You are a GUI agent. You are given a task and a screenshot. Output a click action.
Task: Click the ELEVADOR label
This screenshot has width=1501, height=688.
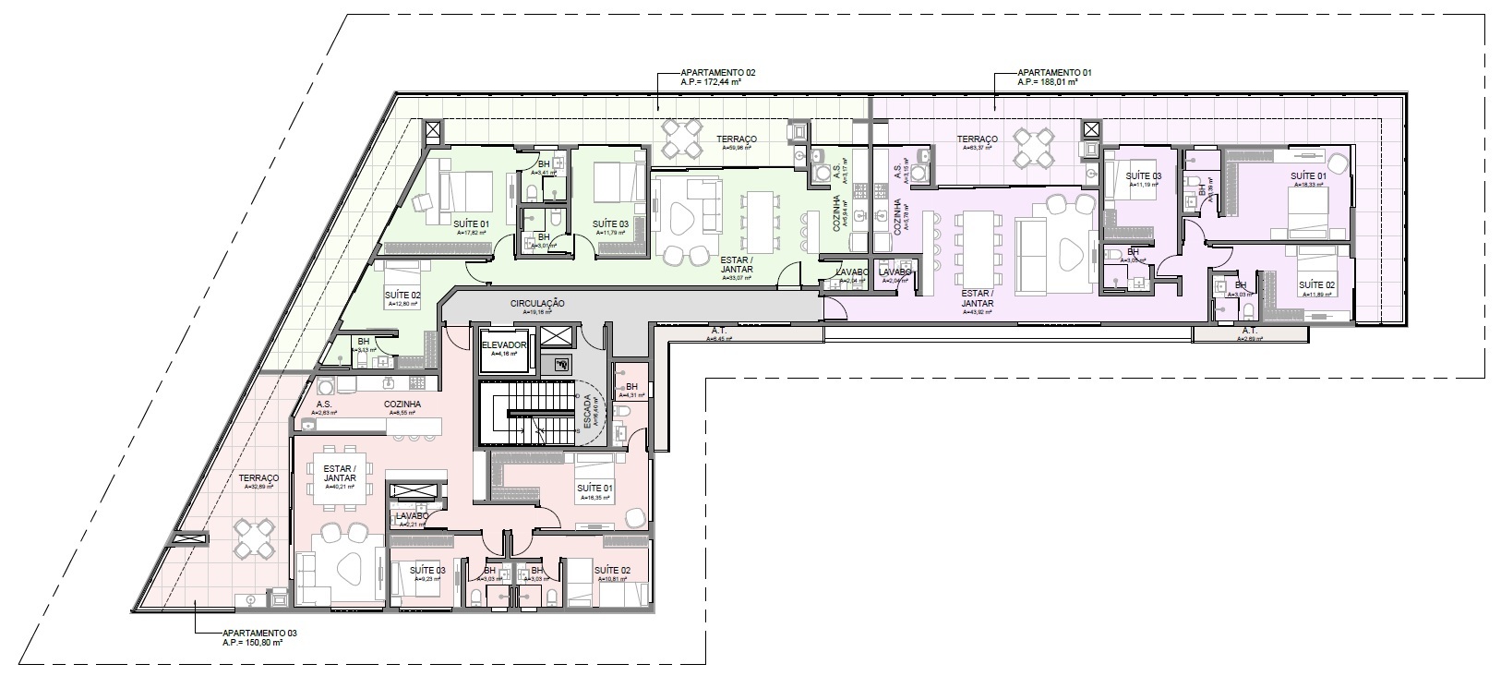point(504,344)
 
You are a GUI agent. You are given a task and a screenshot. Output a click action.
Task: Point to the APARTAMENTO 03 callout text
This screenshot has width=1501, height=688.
point(260,634)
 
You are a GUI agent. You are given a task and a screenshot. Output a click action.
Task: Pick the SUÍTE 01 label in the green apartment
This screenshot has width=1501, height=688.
point(471,224)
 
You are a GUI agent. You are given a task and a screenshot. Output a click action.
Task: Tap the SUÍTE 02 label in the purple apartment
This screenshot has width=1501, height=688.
point(1316,285)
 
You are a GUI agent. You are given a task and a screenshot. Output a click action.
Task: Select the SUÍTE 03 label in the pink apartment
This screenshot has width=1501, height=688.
point(427,571)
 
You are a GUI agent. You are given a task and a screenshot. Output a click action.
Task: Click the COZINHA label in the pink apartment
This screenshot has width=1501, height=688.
point(402,404)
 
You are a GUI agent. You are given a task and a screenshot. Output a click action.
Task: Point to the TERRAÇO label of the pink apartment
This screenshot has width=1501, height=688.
point(252,478)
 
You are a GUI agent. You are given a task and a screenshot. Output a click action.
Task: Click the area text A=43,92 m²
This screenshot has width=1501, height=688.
point(977,312)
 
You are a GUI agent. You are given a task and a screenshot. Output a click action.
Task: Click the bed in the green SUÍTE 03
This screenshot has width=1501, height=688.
point(616,183)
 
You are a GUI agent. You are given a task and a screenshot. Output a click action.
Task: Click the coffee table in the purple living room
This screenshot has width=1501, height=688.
point(1067,253)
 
